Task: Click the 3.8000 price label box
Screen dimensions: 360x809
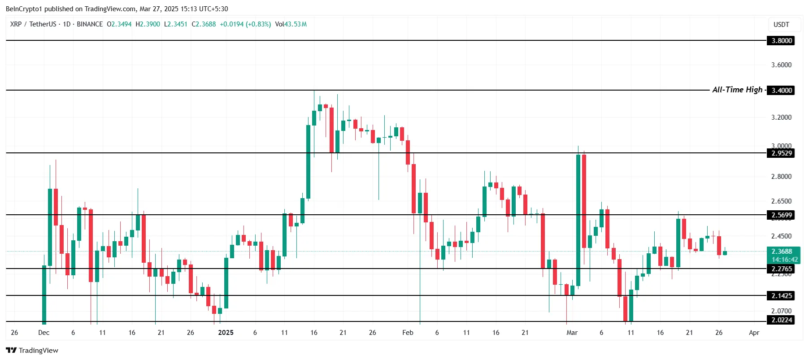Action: coord(781,41)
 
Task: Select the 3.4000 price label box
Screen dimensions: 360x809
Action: coord(781,91)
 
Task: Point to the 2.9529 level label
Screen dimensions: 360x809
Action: coord(781,153)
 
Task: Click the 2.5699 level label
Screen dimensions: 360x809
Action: coord(781,215)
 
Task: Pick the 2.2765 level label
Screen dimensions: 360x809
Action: coord(781,269)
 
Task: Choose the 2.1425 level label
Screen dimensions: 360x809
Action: coord(781,296)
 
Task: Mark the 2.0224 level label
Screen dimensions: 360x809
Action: coord(781,320)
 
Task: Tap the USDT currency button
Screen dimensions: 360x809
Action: coord(781,25)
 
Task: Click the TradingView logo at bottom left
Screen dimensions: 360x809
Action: coord(32,351)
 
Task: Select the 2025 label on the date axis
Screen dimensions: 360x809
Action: coord(226,333)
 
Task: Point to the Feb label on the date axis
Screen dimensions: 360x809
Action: coord(408,333)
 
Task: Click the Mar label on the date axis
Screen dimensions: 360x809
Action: coord(572,333)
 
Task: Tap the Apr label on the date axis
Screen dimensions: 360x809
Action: coord(754,333)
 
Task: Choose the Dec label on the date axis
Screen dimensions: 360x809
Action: coord(44,333)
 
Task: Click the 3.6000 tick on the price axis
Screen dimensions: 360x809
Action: coord(781,65)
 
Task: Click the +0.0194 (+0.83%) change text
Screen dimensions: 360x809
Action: coord(245,24)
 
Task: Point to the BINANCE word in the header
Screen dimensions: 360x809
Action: coord(90,24)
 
